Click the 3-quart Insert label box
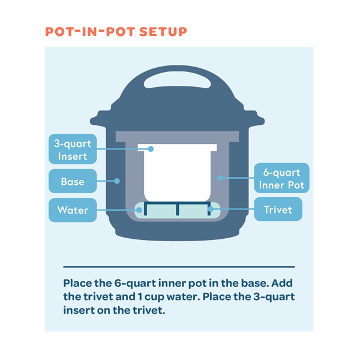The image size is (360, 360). click(x=73, y=149)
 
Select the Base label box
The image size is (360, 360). click(x=73, y=181)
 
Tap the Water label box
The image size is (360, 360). click(x=73, y=210)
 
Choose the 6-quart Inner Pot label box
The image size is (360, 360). click(x=281, y=178)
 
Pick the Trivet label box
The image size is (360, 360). click(x=278, y=209)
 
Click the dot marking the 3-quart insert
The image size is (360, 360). click(x=151, y=149)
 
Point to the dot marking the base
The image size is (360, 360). click(x=117, y=181)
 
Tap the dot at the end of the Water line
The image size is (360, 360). click(x=139, y=210)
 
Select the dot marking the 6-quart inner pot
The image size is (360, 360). click(x=220, y=178)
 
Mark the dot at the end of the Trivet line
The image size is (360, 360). click(x=211, y=209)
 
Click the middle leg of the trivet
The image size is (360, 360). click(x=178, y=209)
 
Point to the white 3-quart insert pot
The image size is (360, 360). click(x=177, y=173)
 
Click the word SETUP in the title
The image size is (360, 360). click(x=163, y=32)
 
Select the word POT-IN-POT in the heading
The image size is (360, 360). click(x=90, y=32)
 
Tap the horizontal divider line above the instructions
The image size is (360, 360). click(x=179, y=267)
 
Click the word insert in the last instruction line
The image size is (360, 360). click(x=79, y=310)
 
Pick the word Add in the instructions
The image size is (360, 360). click(x=282, y=283)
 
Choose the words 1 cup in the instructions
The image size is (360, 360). click(x=151, y=297)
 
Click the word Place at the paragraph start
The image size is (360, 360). click(x=77, y=283)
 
